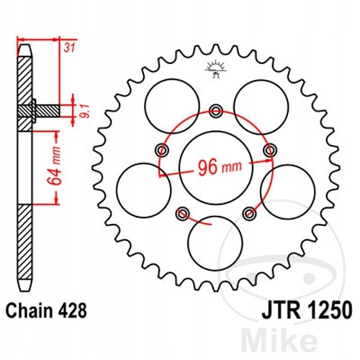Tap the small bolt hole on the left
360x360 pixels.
point(161,150)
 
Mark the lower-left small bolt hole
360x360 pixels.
point(182,212)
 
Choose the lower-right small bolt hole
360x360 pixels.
point(250,212)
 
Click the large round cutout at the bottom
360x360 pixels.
point(215,242)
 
